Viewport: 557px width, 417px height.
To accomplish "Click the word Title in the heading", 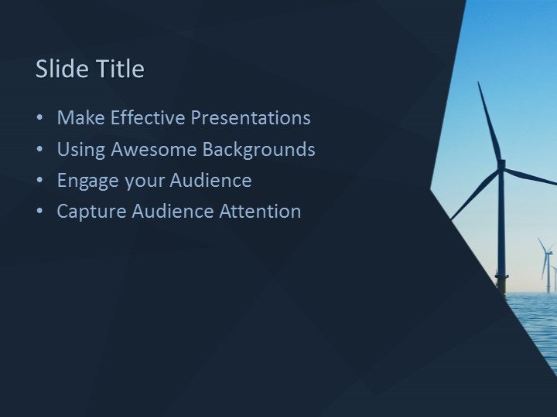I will pyautogui.click(x=121, y=69).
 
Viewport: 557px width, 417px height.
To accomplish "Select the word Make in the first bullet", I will pyautogui.click(x=81, y=118).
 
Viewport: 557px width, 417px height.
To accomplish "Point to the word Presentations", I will pyautogui.click(x=251, y=118).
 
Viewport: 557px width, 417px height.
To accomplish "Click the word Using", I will pyautogui.click(x=81, y=149).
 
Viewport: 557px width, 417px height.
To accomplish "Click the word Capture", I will pyautogui.click(x=89, y=212).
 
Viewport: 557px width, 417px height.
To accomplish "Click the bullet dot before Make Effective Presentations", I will pyautogui.click(x=39, y=119).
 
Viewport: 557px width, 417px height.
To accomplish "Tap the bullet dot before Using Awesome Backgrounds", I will pyautogui.click(x=39, y=150).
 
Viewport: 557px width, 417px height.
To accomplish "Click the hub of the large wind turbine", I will pyautogui.click(x=501, y=164).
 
